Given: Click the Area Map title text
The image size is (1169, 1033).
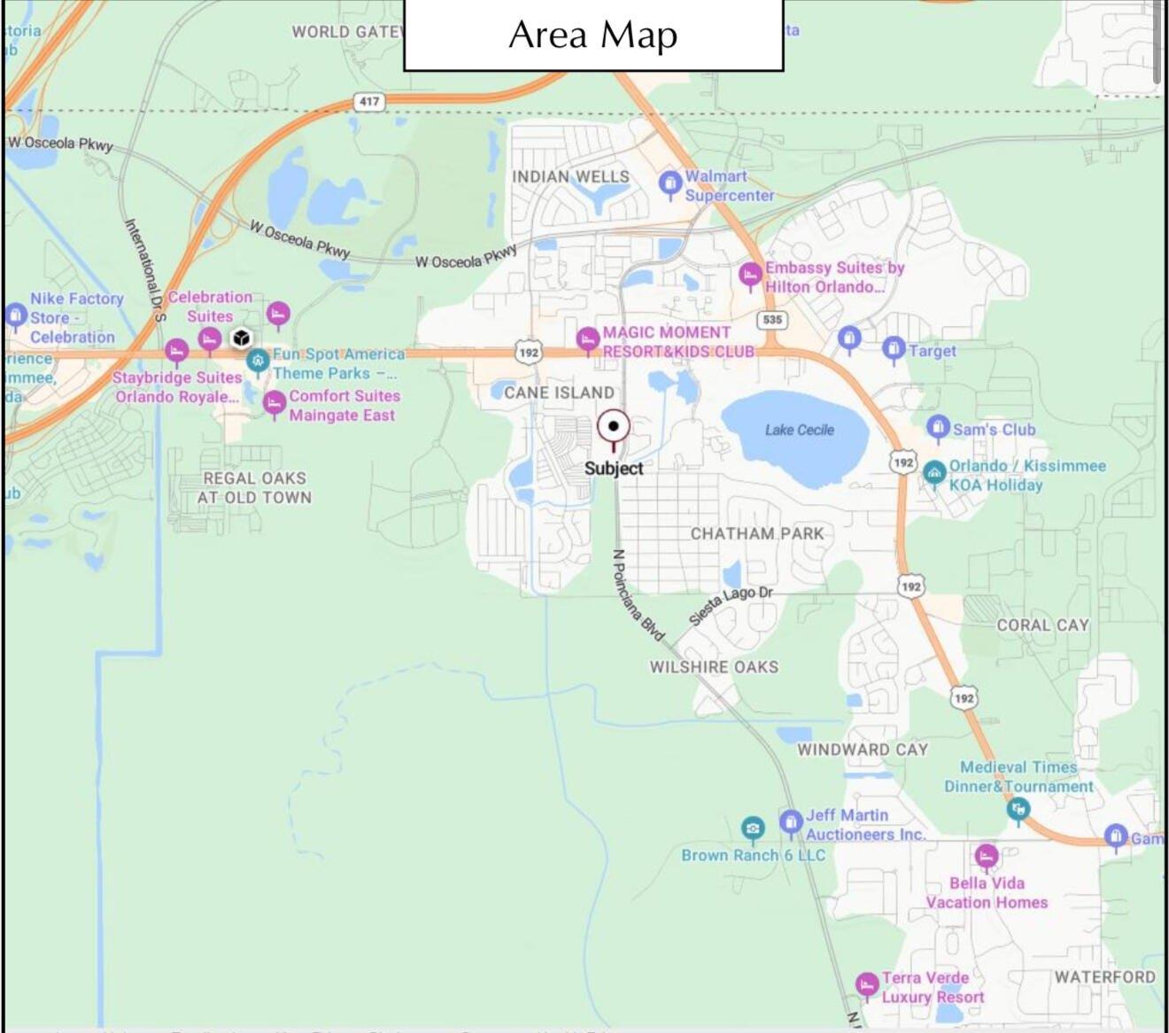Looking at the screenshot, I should [592, 35].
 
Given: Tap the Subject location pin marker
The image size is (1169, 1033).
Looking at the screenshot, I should [613, 427].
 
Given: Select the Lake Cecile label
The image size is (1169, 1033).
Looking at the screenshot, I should [799, 430].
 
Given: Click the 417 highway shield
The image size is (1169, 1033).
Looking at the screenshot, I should [369, 101].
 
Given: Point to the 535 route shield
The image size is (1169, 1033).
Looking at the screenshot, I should [772, 319].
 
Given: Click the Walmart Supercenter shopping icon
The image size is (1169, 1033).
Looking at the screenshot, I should [670, 183].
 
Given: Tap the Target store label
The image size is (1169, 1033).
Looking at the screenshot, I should [932, 351].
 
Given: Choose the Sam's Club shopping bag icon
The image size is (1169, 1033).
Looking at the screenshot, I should [937, 428].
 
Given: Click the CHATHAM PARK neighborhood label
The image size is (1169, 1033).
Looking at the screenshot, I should [757, 533].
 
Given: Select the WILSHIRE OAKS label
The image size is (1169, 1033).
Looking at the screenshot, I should [714, 667].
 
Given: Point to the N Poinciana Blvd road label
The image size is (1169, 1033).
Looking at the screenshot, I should [638, 594].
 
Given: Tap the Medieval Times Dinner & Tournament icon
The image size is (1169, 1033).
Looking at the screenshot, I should [1018, 807].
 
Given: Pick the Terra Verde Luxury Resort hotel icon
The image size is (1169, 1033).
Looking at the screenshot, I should [867, 983].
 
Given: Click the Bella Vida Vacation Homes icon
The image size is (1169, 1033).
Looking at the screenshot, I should [986, 855].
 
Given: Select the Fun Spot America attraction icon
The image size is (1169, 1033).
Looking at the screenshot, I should [258, 360].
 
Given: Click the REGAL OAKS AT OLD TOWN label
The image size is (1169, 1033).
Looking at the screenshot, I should [254, 488].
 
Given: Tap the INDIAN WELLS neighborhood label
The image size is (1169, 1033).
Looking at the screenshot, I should [570, 176].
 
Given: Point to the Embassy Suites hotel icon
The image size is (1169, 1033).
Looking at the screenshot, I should [750, 274].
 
